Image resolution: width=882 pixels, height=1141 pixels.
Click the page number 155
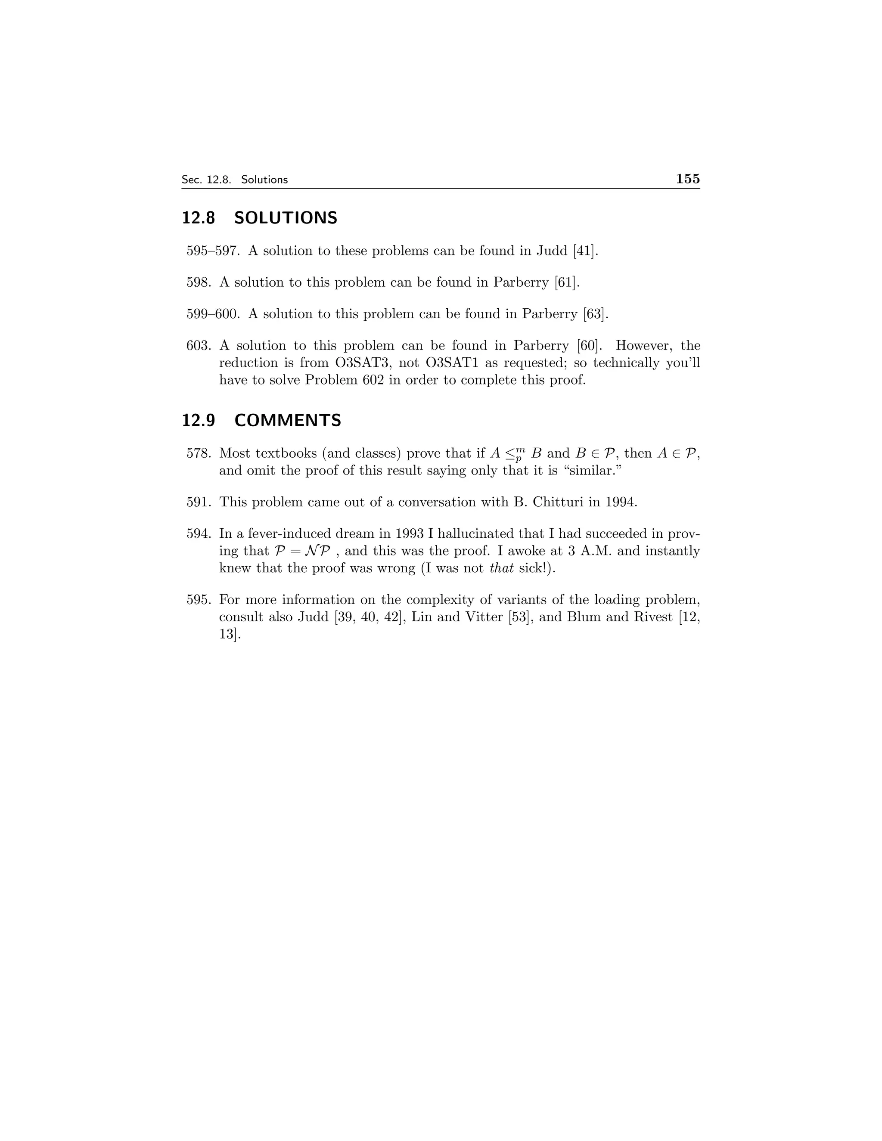click(x=688, y=179)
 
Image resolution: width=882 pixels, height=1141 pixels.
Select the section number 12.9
click(x=198, y=420)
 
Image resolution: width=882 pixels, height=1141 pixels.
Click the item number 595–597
click(x=213, y=251)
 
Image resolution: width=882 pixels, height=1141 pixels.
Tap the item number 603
click(x=199, y=346)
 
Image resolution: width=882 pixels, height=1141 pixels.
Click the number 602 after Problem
click(x=373, y=380)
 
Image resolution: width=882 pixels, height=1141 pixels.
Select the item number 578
click(x=199, y=453)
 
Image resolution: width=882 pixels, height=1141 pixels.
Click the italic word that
click(x=502, y=568)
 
